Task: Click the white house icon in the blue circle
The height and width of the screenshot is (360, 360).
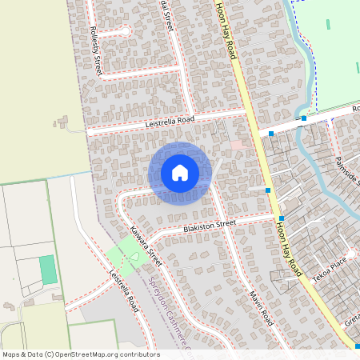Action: point(180,173)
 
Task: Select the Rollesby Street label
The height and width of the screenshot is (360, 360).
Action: point(96,50)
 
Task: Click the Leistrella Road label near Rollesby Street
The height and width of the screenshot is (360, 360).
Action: point(170,122)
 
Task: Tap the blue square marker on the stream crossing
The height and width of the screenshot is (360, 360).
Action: point(304,118)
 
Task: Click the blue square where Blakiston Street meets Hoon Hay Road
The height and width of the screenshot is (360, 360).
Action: point(282,218)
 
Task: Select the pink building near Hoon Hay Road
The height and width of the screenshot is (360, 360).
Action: point(237,144)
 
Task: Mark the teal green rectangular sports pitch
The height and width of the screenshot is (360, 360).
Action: point(48,269)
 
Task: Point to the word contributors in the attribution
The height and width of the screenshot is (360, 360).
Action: point(139,354)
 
